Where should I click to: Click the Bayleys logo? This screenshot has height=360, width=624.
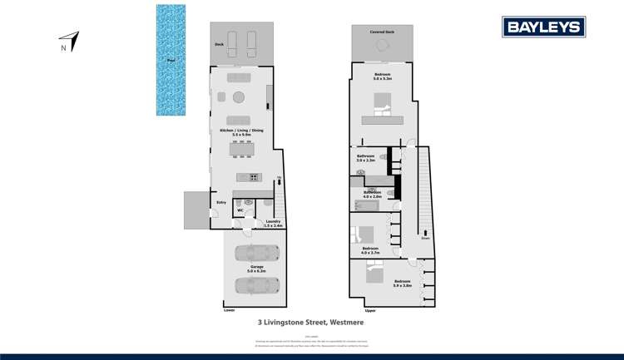pyautogui.click(x=543, y=27)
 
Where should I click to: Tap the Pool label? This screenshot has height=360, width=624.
pyautogui.click(x=171, y=60)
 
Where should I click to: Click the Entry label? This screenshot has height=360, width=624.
pyautogui.click(x=221, y=202)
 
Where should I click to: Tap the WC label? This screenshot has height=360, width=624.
pyautogui.click(x=240, y=210)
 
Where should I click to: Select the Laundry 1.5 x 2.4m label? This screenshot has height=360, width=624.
pyautogui.click(x=274, y=223)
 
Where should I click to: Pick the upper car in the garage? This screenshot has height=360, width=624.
pyautogui.click(x=255, y=253)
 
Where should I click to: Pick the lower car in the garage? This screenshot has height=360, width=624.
pyautogui.click(x=255, y=285)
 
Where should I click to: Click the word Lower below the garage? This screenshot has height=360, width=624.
pyautogui.click(x=230, y=310)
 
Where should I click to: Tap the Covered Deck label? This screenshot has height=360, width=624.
pyautogui.click(x=384, y=31)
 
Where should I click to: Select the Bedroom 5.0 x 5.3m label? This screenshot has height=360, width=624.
pyautogui.click(x=383, y=77)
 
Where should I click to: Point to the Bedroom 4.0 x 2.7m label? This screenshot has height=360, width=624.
pyautogui.click(x=371, y=249)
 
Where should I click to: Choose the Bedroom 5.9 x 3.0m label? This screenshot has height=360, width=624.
pyautogui.click(x=403, y=284)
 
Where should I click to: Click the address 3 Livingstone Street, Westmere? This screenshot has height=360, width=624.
pyautogui.click(x=311, y=322)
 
